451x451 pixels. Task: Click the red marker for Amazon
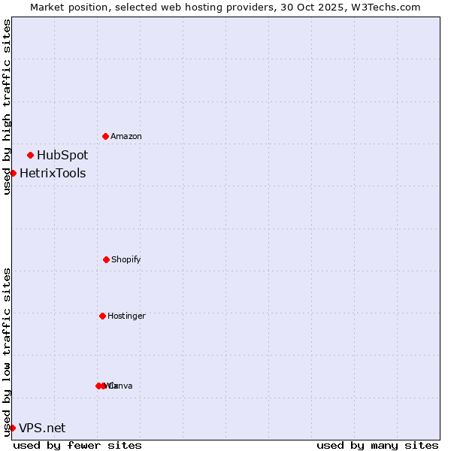point(106,136)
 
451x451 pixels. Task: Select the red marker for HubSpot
point(31,155)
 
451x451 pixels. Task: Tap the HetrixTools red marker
point(13,173)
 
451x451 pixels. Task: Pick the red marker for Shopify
point(106,259)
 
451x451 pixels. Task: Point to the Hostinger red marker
point(102,316)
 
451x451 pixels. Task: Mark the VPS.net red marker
point(12,428)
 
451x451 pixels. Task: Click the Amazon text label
point(126,136)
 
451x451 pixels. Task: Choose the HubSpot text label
point(62,155)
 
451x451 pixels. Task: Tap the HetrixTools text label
point(53,174)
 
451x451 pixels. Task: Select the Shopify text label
point(126,259)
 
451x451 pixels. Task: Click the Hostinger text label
point(126,316)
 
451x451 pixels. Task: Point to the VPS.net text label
point(42,428)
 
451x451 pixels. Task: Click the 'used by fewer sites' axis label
point(77,445)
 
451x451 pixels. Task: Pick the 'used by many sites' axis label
point(377,445)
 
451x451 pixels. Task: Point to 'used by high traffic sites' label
point(7,107)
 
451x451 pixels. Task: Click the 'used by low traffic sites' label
point(7,351)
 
